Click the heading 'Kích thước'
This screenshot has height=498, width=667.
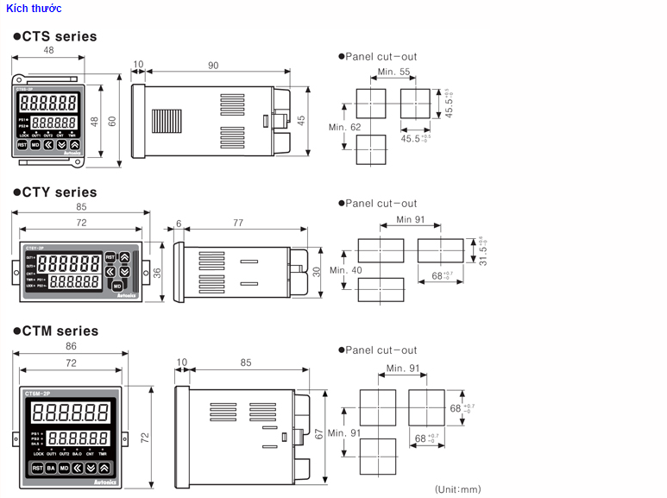coord(34,9)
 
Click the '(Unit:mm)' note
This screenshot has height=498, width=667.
coord(457,489)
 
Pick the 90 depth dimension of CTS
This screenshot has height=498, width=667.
coord(212,66)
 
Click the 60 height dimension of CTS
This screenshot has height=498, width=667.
coord(111,121)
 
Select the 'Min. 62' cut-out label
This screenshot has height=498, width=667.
coord(344,128)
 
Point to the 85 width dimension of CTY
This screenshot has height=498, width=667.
coord(81,207)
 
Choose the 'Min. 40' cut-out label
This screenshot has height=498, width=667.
coord(345,270)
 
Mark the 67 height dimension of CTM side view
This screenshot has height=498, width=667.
coord(318,434)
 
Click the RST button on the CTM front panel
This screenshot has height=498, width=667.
coord(36,468)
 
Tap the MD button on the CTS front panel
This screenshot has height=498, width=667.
coord(35,145)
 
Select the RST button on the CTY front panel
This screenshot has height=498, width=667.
coord(110,257)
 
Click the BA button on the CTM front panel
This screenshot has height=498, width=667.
coord(50,468)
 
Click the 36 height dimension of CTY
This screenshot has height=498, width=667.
coord(157,272)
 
